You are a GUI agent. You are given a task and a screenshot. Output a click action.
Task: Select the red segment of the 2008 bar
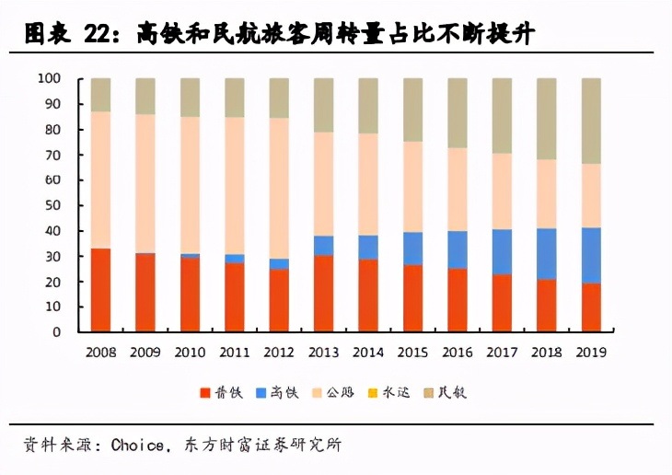click(100, 290)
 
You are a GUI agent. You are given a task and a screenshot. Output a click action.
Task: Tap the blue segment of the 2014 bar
click(368, 247)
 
